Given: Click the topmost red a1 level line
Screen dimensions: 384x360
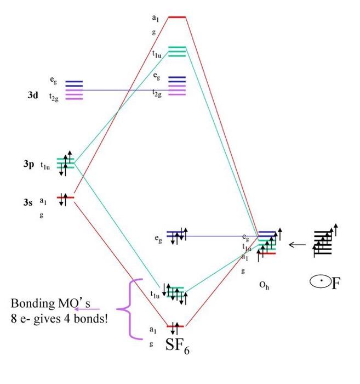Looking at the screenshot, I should pos(177,17).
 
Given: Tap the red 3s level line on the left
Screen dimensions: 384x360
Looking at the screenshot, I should pos(65,197).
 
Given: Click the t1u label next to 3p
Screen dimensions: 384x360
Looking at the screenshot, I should pos(45,166).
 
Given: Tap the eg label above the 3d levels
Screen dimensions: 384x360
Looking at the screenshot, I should pos(53,81).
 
